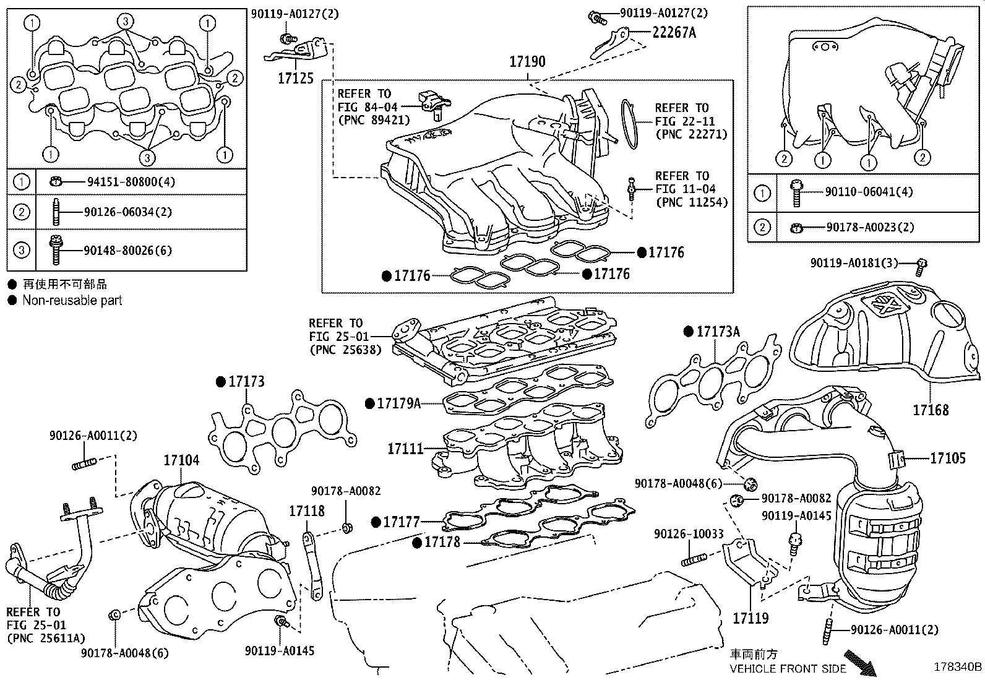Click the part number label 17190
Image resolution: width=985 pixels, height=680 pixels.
(527, 62)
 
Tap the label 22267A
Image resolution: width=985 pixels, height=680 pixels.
(674, 33)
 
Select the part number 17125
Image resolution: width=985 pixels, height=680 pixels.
(296, 79)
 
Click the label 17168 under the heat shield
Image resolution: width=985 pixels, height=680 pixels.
(931, 410)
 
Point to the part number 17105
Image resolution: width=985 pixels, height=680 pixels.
(948, 458)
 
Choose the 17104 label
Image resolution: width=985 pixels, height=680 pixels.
(182, 460)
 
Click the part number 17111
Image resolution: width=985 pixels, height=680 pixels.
(405, 449)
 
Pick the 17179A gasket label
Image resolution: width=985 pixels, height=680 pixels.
(399, 403)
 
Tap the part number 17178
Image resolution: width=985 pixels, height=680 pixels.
(442, 542)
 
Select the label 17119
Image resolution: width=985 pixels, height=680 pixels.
(751, 618)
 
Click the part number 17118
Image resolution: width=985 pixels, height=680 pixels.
(307, 511)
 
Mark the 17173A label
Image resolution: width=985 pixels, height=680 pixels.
(718, 331)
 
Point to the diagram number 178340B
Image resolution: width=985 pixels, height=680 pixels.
(958, 667)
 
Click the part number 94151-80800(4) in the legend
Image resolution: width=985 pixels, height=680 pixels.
(131, 181)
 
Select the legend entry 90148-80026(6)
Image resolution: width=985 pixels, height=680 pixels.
(127, 250)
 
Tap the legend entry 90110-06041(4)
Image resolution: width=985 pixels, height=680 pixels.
(869, 192)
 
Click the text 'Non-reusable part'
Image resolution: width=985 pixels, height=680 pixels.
(72, 301)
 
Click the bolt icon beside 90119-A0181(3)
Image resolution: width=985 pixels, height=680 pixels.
(921, 267)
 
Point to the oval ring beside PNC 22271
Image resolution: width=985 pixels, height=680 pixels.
(630, 124)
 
